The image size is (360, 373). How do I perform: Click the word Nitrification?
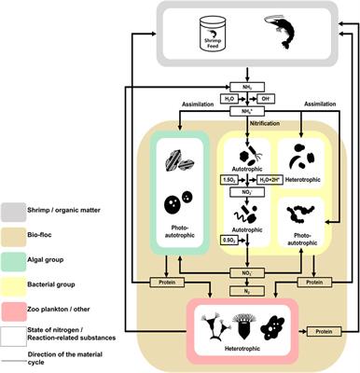[x=244, y=124]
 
